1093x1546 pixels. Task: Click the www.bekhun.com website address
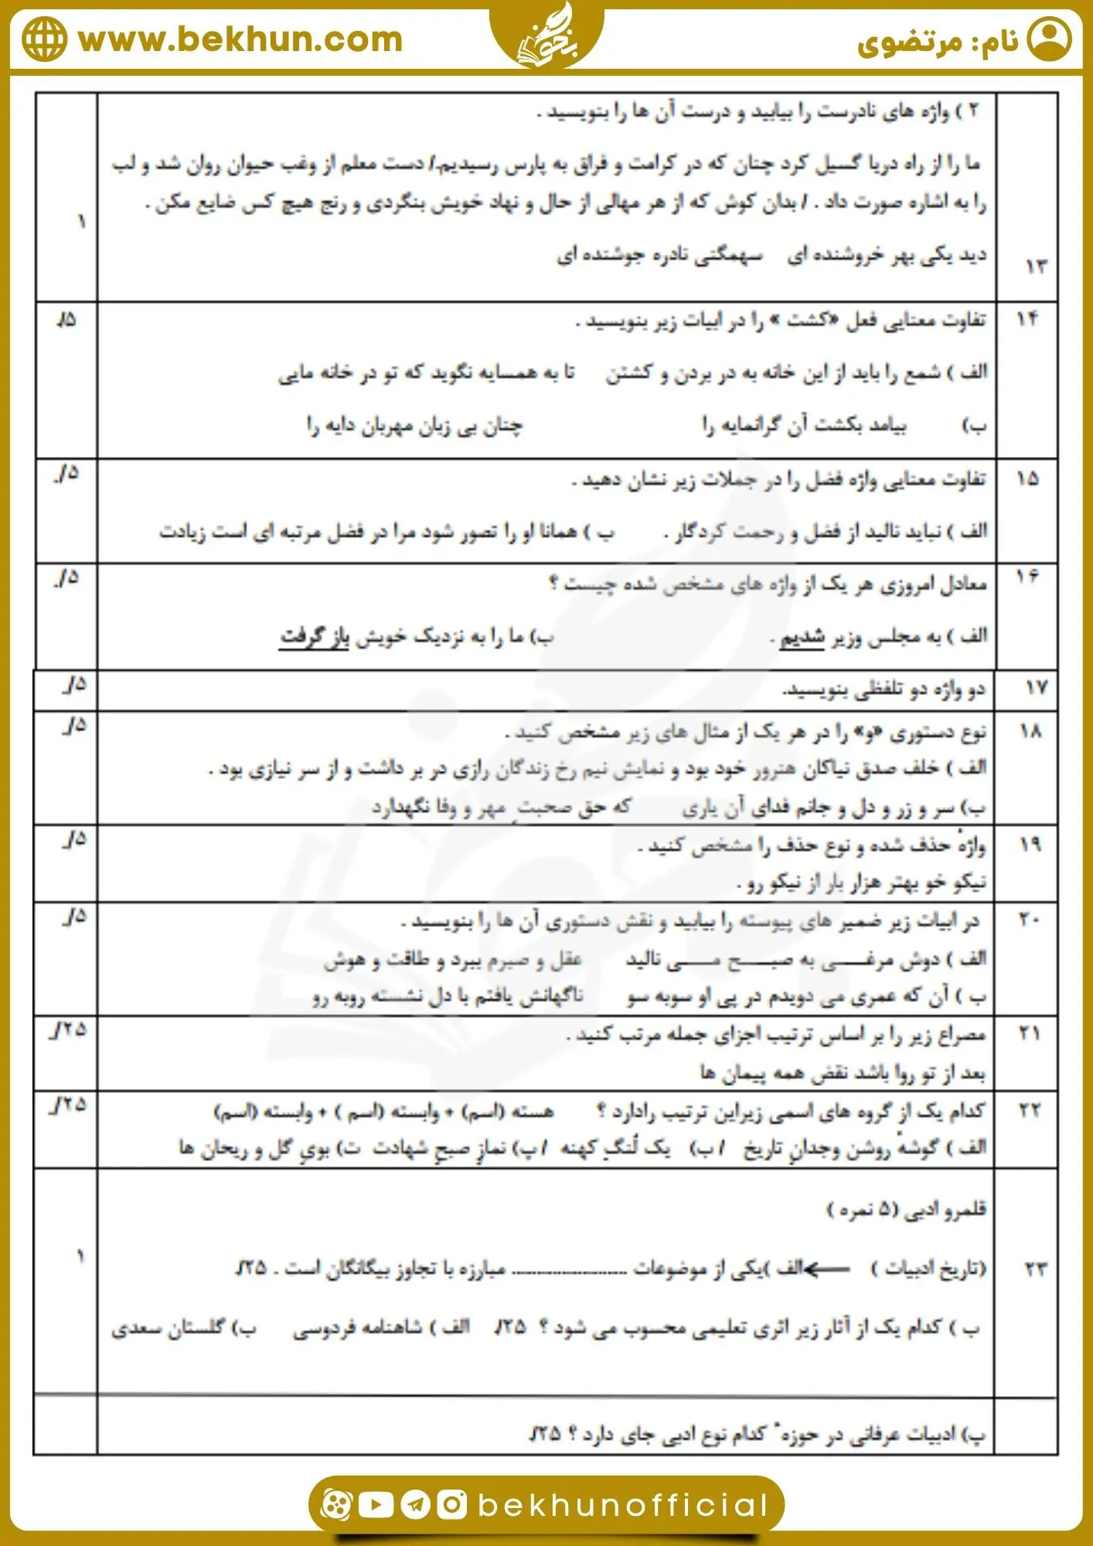pyautogui.click(x=240, y=39)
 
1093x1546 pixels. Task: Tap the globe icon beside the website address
pyautogui.click(x=44, y=39)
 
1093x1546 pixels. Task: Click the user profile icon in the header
pyautogui.click(x=1049, y=39)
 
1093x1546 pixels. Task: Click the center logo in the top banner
pyautogui.click(x=546, y=35)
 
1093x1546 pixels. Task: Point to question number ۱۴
pyautogui.click(x=1027, y=318)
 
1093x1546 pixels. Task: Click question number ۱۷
pyautogui.click(x=1035, y=687)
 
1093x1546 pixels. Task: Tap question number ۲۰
pyautogui.click(x=1029, y=919)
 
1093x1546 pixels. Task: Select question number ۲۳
pyautogui.click(x=1035, y=1268)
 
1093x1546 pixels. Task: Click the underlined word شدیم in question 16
pyautogui.click(x=802, y=638)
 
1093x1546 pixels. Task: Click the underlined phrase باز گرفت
pyautogui.click(x=314, y=638)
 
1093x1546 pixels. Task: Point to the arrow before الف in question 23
pyautogui.click(x=826, y=1268)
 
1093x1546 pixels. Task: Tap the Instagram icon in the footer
pyautogui.click(x=451, y=1504)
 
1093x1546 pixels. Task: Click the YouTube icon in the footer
pyautogui.click(x=376, y=1504)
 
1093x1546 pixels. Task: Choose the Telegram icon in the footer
pyautogui.click(x=414, y=1504)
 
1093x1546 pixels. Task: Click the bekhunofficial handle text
pyautogui.click(x=623, y=1505)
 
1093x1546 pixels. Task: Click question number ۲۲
pyautogui.click(x=1030, y=1110)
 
